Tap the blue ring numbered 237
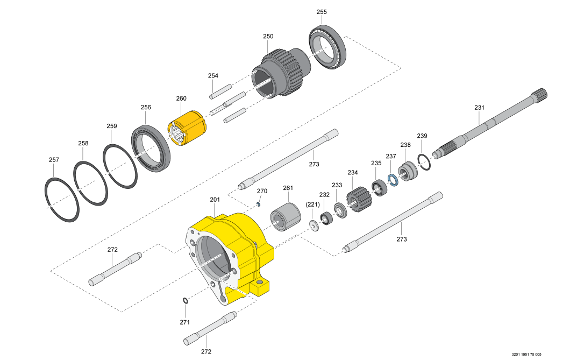(x=393, y=180)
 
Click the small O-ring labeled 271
(x=186, y=300)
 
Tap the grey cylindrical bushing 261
(x=286, y=217)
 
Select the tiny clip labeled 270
(x=258, y=204)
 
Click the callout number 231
(x=479, y=108)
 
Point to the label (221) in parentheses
(x=312, y=204)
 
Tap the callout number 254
(x=213, y=76)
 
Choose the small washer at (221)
(x=313, y=225)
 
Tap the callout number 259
(x=112, y=126)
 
